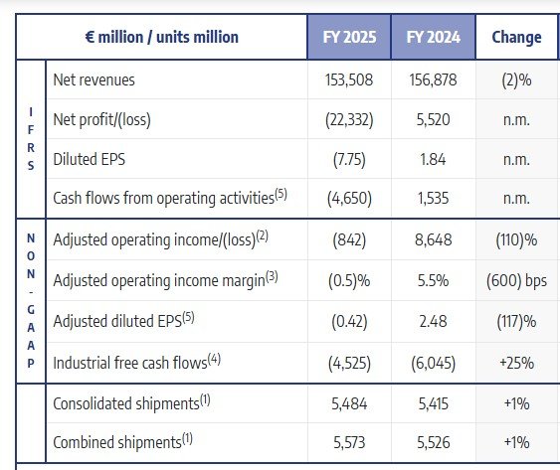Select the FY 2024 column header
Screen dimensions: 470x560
pos(432,38)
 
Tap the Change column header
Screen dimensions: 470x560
pos(516,38)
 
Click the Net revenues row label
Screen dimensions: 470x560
pos(93,79)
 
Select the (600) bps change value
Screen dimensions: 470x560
pos(516,280)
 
